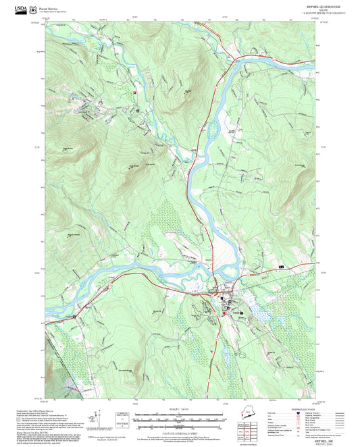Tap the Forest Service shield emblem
pyautogui.click(x=33, y=9)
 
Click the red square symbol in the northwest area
pyautogui.click(x=134, y=93)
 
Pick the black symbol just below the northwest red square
pyautogui.click(x=138, y=111)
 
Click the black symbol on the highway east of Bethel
pyautogui.click(x=281, y=268)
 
